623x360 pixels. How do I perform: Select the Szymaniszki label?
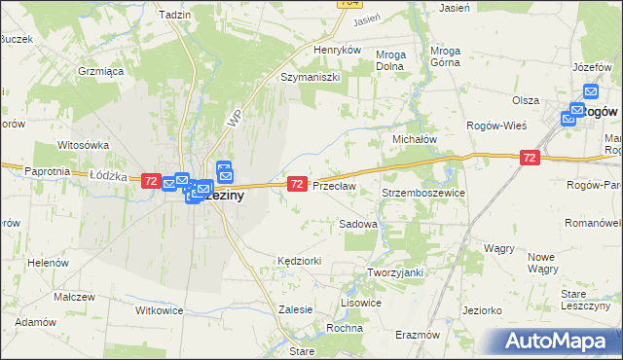click(x=310, y=77)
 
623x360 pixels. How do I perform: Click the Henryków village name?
click(x=338, y=49)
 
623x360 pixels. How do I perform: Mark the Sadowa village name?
click(x=357, y=224)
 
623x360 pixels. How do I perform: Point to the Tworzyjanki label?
click(x=394, y=272)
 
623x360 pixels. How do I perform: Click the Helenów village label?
click(x=47, y=263)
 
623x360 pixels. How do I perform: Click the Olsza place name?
click(x=526, y=100)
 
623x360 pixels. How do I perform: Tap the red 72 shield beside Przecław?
click(x=298, y=183)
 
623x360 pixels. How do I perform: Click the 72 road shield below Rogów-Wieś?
click(x=530, y=157)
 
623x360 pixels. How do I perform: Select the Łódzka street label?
click(x=109, y=175)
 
